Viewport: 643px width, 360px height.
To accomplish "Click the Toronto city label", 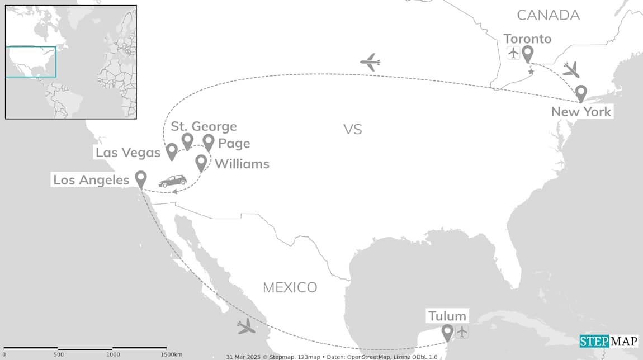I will pyautogui.click(x=527, y=39).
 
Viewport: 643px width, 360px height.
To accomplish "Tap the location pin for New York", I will pyautogui.click(x=581, y=93).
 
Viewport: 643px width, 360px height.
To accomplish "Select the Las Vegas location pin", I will pyautogui.click(x=172, y=151).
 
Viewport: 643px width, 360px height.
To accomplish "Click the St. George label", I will pyautogui.click(x=204, y=126).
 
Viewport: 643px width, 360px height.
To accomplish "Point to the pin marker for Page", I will pyautogui.click(x=209, y=142).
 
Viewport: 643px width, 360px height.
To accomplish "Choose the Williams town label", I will pyautogui.click(x=242, y=164).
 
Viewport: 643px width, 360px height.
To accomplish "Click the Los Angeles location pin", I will pyautogui.click(x=141, y=179).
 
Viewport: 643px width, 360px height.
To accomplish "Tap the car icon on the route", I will pyautogui.click(x=173, y=181).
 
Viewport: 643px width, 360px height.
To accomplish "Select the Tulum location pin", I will pyautogui.click(x=447, y=332).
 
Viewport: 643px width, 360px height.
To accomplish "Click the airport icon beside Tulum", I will pyautogui.click(x=462, y=331).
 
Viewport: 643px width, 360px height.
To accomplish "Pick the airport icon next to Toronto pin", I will pyautogui.click(x=513, y=53).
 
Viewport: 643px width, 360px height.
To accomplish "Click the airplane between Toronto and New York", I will pyautogui.click(x=571, y=69).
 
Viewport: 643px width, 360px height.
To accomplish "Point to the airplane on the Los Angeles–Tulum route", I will pyautogui.click(x=246, y=326).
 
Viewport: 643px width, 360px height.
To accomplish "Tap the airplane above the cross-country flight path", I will pyautogui.click(x=370, y=62).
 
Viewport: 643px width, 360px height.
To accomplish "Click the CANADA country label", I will pyautogui.click(x=547, y=15).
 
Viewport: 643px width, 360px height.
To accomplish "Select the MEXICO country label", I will pyautogui.click(x=290, y=287).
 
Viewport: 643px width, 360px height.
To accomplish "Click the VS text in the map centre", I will pyautogui.click(x=353, y=130).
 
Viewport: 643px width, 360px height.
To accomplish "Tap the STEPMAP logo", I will pyautogui.click(x=608, y=341).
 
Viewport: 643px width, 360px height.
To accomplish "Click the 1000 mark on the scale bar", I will pyautogui.click(x=113, y=354).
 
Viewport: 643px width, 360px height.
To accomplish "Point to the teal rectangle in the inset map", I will pyautogui.click(x=31, y=61).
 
